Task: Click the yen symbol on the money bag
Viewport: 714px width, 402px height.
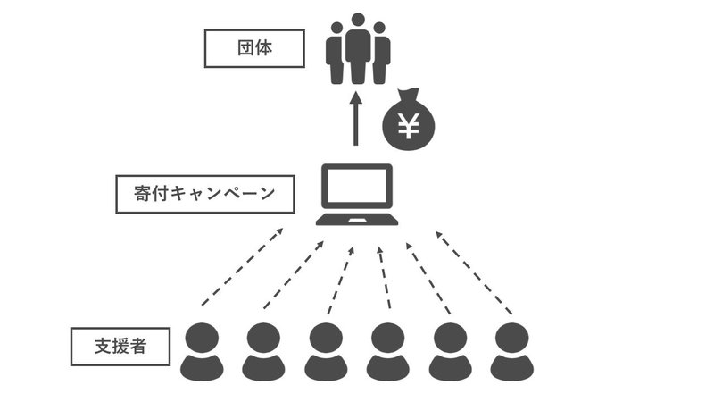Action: pyautogui.click(x=409, y=126)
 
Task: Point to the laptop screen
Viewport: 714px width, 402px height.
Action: pyautogui.click(x=357, y=186)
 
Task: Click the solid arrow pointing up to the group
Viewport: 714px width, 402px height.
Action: pyautogui.click(x=356, y=119)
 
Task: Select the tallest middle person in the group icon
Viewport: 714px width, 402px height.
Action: pyautogui.click(x=358, y=48)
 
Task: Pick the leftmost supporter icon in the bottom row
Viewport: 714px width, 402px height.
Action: pyautogui.click(x=202, y=351)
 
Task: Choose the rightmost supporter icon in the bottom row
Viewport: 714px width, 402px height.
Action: pyautogui.click(x=511, y=351)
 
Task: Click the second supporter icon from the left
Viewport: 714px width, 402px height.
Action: pyautogui.click(x=263, y=351)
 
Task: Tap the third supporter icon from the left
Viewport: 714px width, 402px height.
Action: pyautogui.click(x=326, y=351)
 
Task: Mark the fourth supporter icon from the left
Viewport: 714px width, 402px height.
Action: pyautogui.click(x=388, y=351)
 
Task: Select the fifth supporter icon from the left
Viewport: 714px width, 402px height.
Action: pyautogui.click(x=451, y=351)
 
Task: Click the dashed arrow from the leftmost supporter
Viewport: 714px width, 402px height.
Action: pyautogui.click(x=243, y=266)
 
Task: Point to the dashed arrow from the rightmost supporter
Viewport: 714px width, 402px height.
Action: pyautogui.click(x=474, y=272)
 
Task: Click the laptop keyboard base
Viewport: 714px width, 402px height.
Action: pyautogui.click(x=357, y=219)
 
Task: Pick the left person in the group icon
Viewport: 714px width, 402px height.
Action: pyautogui.click(x=336, y=54)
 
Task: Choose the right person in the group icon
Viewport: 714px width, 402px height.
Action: pyautogui.click(x=381, y=54)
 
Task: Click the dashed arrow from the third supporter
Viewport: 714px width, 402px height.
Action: pyautogui.click(x=341, y=281)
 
